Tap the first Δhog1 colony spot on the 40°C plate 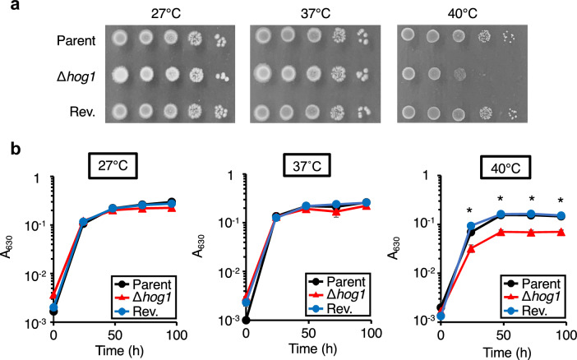[411, 75]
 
